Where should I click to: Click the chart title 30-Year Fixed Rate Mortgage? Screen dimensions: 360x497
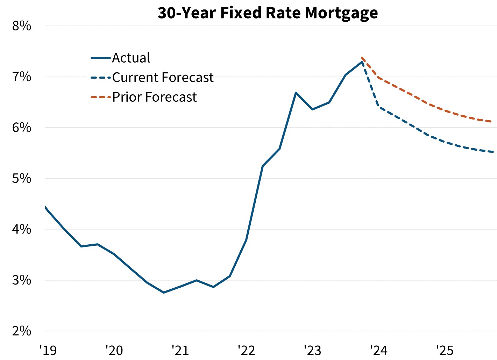[x=268, y=13]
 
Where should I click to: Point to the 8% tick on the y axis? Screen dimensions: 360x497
[x=22, y=26]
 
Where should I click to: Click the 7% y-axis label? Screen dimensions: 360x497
[x=22, y=77]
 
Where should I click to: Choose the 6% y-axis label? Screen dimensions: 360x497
[x=22, y=128]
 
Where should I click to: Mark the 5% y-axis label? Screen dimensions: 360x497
[x=22, y=179]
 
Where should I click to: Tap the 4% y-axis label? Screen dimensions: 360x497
[x=22, y=230]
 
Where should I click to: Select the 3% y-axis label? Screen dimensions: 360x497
[x=22, y=280]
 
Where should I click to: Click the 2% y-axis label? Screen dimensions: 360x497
[x=22, y=331]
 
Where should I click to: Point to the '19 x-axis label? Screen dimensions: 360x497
[x=48, y=350]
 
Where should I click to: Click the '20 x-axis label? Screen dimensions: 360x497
[x=114, y=350]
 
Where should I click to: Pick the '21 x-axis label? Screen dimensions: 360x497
[x=180, y=350]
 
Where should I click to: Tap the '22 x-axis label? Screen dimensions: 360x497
[x=246, y=350]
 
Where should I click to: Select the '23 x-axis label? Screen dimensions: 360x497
[x=312, y=350]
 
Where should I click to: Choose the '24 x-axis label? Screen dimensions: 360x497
[x=378, y=350]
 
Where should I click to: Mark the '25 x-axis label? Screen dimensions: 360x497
[x=445, y=350]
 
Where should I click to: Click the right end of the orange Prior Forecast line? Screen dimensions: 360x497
[x=492, y=122]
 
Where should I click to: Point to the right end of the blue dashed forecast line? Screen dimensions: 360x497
[x=492, y=152]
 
